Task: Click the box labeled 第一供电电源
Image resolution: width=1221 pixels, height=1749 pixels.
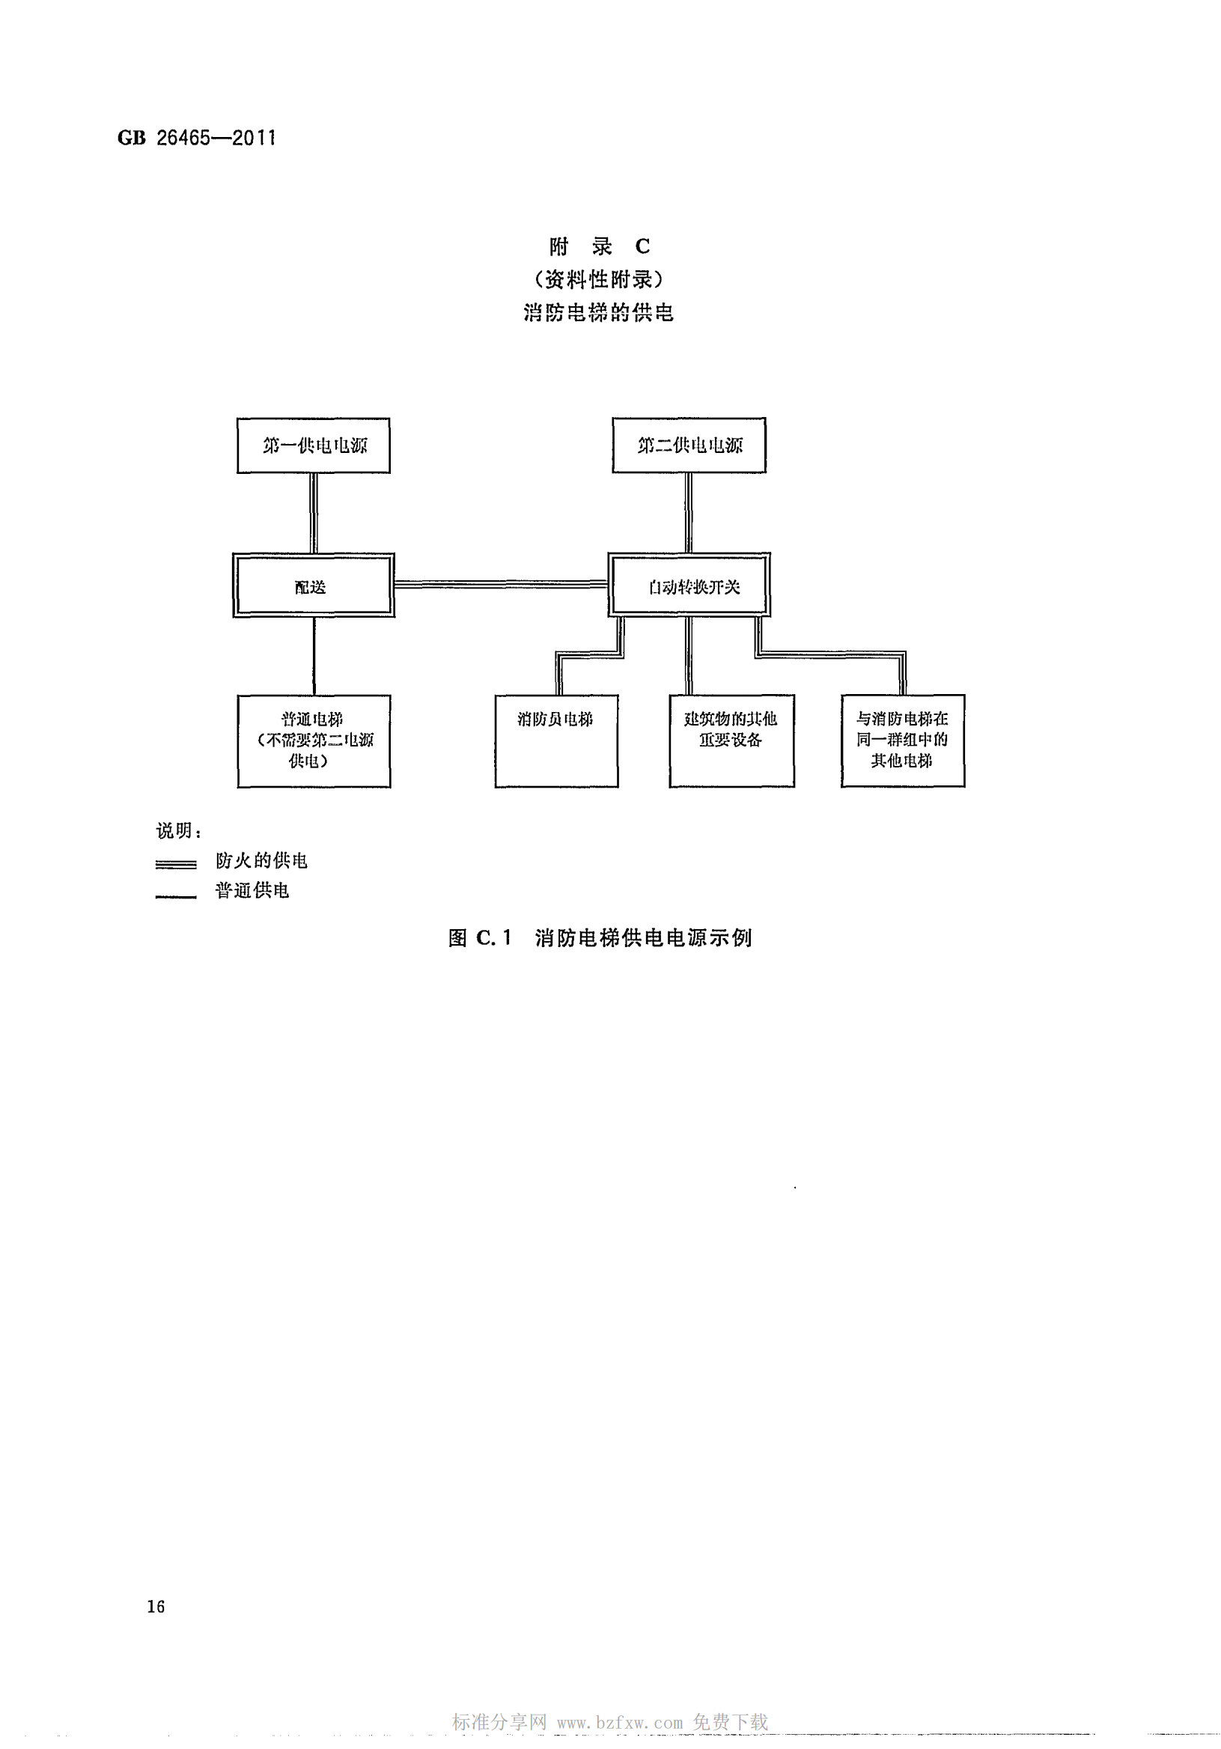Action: pyautogui.click(x=313, y=445)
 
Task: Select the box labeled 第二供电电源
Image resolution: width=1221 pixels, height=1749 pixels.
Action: pyautogui.click(x=689, y=445)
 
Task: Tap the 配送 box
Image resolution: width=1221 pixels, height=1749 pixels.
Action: pyautogui.click(x=313, y=585)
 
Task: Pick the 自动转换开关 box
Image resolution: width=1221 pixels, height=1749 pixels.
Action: pyautogui.click(x=689, y=585)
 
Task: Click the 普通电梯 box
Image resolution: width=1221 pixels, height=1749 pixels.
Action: pyautogui.click(x=313, y=740)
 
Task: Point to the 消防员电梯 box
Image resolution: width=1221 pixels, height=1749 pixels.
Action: pyautogui.click(x=556, y=740)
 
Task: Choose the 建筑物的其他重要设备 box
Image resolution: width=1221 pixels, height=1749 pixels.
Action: pyautogui.click(x=731, y=740)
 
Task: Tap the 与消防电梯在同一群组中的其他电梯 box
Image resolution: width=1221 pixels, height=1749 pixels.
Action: pyautogui.click(x=903, y=740)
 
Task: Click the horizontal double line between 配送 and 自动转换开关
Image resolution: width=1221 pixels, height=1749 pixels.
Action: pyautogui.click(x=500, y=584)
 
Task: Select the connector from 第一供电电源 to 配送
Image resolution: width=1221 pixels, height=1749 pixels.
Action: pyautogui.click(x=313, y=513)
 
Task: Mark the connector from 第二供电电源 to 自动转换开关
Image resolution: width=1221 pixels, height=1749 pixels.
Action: pyautogui.click(x=689, y=513)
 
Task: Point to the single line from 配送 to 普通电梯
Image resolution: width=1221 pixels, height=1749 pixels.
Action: pyautogui.click(x=314, y=655)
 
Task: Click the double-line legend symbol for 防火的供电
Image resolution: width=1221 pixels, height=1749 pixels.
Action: pyautogui.click(x=176, y=864)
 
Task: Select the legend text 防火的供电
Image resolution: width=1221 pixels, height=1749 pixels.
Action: pyautogui.click(x=261, y=861)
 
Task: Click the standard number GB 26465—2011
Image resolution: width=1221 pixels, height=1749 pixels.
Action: pyautogui.click(x=197, y=138)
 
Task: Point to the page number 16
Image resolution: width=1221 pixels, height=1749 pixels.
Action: pyautogui.click(x=156, y=1607)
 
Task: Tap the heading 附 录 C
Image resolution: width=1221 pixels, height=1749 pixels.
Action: pyautogui.click(x=600, y=247)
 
